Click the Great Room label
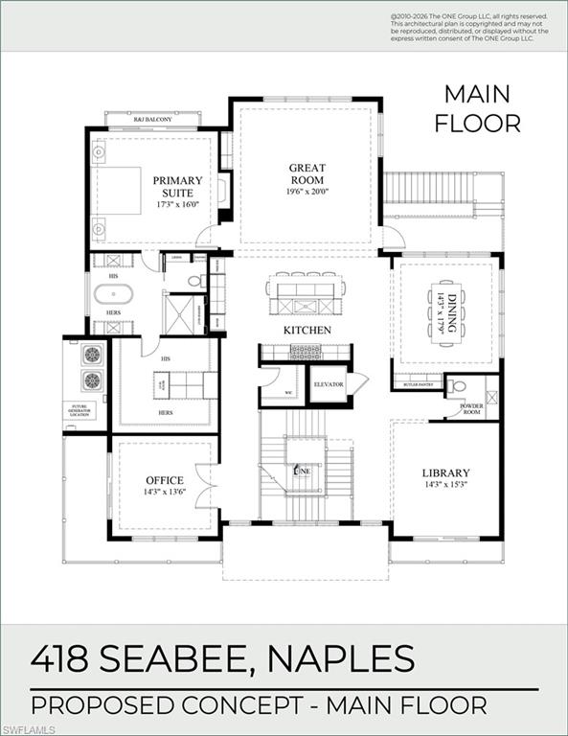pyautogui.click(x=307, y=173)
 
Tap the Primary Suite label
pyautogui.click(x=177, y=186)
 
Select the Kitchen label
pyautogui.click(x=307, y=331)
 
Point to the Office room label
pyautogui.click(x=164, y=480)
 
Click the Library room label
pyautogui.click(x=445, y=472)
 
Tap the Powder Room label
pyautogui.click(x=471, y=409)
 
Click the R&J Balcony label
pyautogui.click(x=152, y=119)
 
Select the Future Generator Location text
pyautogui.click(x=81, y=411)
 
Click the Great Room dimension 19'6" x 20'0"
pyautogui.click(x=307, y=191)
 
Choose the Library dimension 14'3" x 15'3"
pyautogui.click(x=445, y=485)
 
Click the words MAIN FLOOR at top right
pyautogui.click(x=477, y=108)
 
